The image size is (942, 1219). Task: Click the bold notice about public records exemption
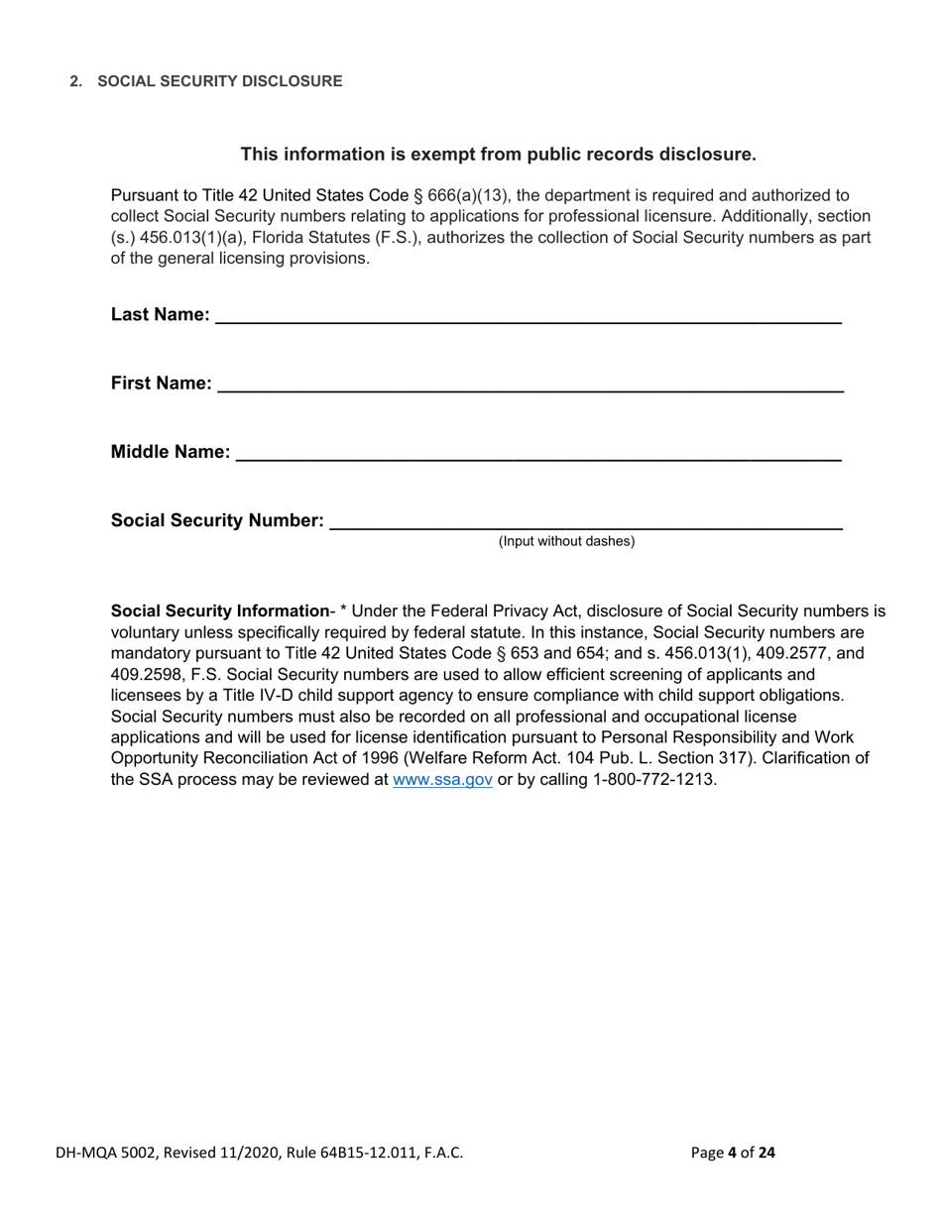[x=499, y=154]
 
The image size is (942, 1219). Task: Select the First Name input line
[x=530, y=384]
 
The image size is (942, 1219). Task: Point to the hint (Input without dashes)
[x=566, y=541]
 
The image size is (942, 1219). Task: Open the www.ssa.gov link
[x=442, y=779]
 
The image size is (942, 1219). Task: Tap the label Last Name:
[x=160, y=315]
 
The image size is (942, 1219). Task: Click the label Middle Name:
[x=171, y=453]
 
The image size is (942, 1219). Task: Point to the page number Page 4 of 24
[x=734, y=1153]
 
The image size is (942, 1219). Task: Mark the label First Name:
[x=161, y=384]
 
